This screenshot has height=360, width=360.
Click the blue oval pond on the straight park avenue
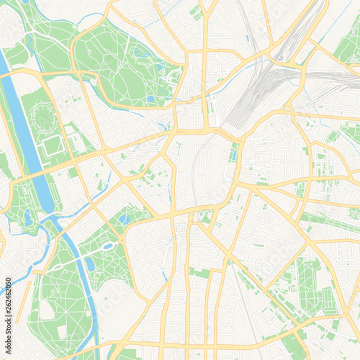pyautogui.click(x=108, y=246)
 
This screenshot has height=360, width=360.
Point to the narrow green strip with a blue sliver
pyautogui.click(x=233, y=152)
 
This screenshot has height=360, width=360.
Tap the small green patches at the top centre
pyautogui.click(x=196, y=12)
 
